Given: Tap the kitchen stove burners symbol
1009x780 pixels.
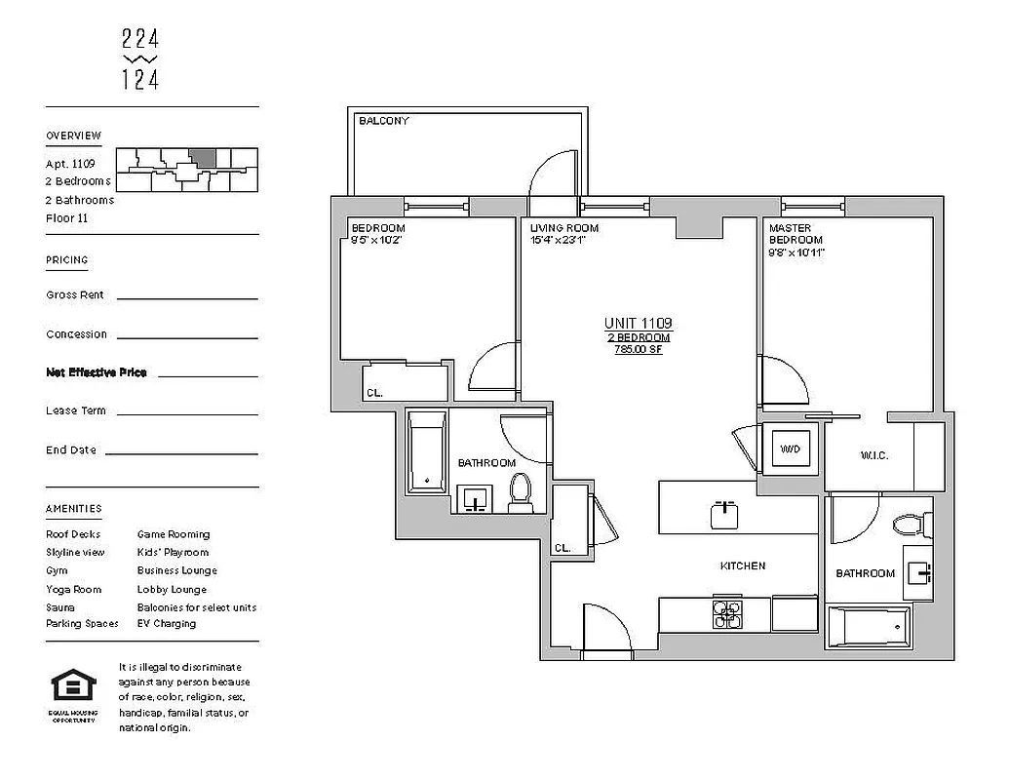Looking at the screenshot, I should pyautogui.click(x=726, y=613).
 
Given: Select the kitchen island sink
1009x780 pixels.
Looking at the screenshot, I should pyautogui.click(x=723, y=513).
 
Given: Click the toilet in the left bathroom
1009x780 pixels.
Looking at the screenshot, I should pyautogui.click(x=521, y=493).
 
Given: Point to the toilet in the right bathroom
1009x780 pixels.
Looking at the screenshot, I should pyautogui.click(x=908, y=526).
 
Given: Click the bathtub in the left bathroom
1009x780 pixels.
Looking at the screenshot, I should pyautogui.click(x=426, y=451).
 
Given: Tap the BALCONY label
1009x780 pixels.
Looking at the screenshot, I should pyautogui.click(x=384, y=121).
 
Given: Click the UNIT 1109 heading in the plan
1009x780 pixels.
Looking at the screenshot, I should pyautogui.click(x=638, y=323).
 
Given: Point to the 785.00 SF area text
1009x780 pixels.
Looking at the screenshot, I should pyautogui.click(x=638, y=349).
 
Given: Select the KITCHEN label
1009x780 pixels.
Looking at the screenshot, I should pyautogui.click(x=742, y=565).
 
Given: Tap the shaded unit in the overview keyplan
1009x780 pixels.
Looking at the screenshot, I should pyautogui.click(x=202, y=158).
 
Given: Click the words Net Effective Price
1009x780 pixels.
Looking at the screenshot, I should pyautogui.click(x=97, y=372).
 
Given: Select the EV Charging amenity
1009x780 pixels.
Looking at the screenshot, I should pyautogui.click(x=167, y=624).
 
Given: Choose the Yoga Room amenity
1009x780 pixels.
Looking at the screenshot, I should pyautogui.click(x=73, y=589).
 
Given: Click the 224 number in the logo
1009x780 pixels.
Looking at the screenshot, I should pyautogui.click(x=140, y=40).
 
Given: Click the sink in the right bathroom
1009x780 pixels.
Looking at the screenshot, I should pyautogui.click(x=918, y=571).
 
